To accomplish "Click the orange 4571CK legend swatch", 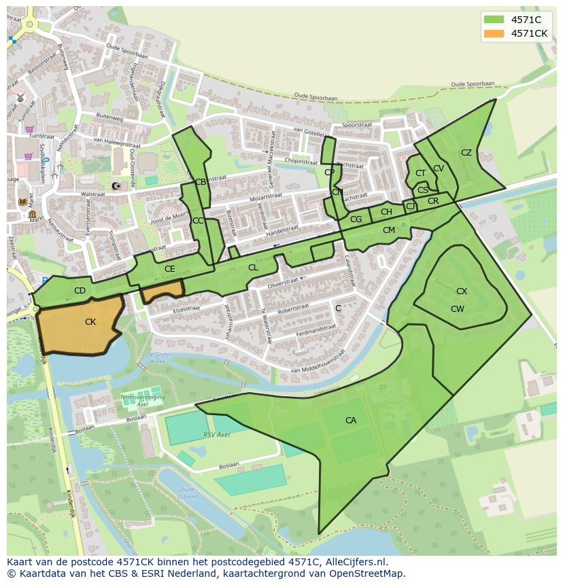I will [494, 33].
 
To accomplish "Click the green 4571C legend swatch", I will [494, 20].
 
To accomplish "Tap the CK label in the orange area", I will [90, 322].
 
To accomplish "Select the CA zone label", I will [351, 421].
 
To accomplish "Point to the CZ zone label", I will [466, 153].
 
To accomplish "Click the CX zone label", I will [462, 291].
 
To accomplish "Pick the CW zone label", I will [458, 309].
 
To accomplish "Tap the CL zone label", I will [253, 268].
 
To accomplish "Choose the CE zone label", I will [170, 269].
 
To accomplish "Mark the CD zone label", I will [80, 291].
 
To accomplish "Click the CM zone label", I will [389, 230].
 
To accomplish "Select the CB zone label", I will [201, 182].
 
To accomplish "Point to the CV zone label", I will [439, 169].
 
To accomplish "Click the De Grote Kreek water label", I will [158, 357].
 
